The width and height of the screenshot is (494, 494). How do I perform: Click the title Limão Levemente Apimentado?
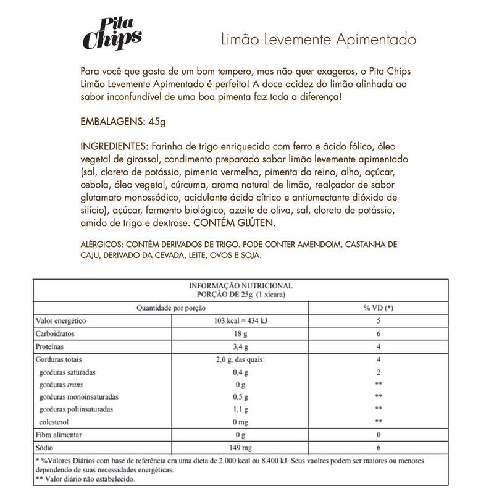[319, 40]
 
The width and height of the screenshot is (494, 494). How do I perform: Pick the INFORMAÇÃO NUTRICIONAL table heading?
[240, 287]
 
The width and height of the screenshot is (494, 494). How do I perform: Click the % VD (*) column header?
[378, 308]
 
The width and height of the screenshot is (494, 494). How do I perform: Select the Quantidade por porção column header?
[171, 308]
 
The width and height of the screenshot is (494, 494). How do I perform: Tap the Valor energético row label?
[61, 321]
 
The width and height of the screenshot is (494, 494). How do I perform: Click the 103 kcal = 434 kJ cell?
[241, 321]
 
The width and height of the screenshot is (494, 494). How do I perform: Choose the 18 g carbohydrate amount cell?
[241, 334]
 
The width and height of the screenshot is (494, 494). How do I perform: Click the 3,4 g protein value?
[241, 346]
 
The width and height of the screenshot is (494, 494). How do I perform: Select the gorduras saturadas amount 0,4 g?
[241, 372]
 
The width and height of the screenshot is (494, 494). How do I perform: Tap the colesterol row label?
[56, 422]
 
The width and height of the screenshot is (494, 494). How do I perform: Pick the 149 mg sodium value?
[241, 448]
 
